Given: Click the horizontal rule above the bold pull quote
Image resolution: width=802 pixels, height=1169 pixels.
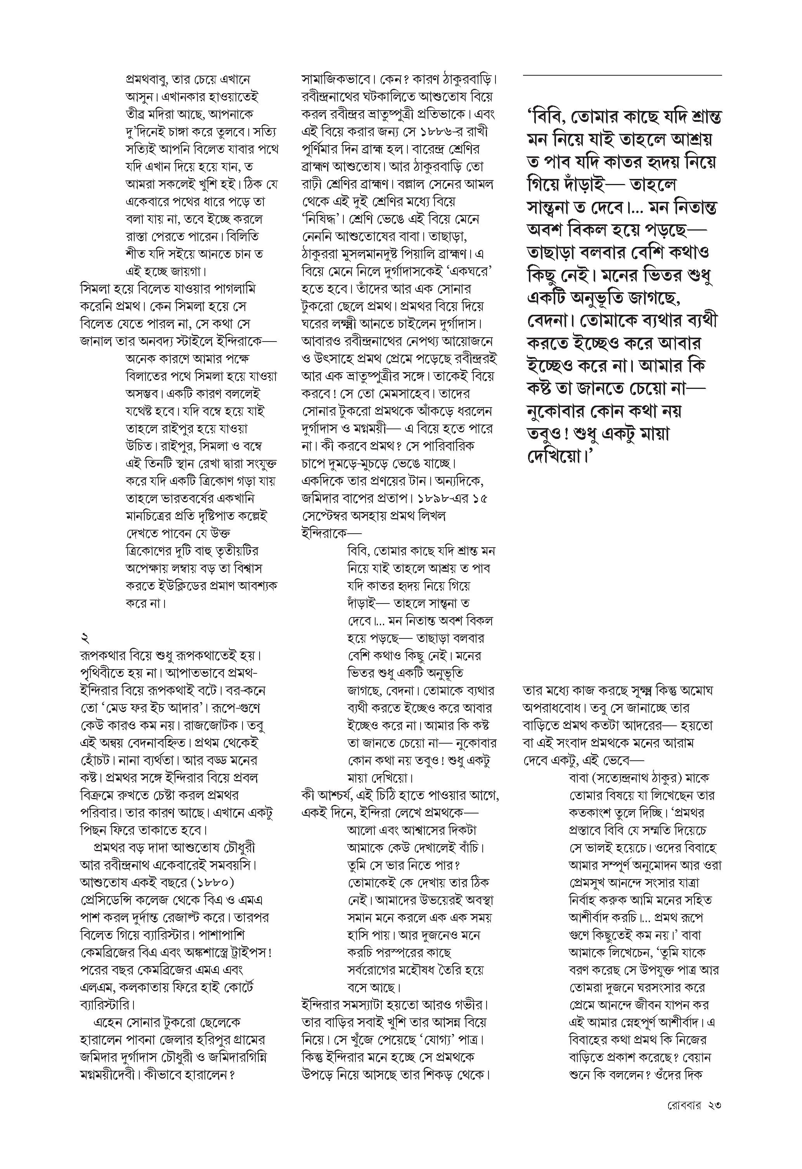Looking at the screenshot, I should (622, 76).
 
